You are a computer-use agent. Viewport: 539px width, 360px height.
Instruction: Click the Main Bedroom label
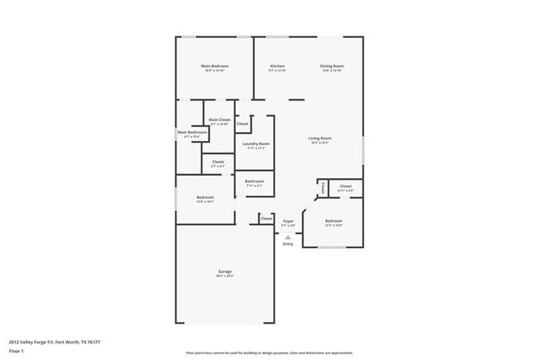pos(214,66)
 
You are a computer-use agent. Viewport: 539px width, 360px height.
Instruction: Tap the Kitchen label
pos(277,66)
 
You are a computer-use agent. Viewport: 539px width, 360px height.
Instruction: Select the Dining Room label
pos(333,66)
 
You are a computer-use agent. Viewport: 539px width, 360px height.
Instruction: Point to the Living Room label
pos(320,138)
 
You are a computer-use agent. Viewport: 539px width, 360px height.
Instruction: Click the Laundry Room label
pos(255,144)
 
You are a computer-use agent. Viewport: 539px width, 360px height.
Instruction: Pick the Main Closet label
pos(219,119)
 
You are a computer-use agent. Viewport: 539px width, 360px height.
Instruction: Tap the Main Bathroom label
pos(192,132)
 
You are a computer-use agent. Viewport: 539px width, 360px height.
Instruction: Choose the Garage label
pos(225,271)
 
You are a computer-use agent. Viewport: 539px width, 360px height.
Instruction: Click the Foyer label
pos(288,221)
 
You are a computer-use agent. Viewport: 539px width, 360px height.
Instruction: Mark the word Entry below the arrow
pos(288,244)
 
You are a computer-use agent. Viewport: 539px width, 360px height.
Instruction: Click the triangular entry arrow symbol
pos(288,236)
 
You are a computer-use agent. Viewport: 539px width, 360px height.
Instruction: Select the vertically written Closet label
pos(323,187)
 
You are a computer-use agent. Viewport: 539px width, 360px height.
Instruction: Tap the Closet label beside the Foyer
pos(265,219)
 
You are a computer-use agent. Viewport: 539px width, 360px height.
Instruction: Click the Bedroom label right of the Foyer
pos(333,221)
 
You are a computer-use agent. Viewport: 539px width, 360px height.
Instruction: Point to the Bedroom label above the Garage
pos(205,197)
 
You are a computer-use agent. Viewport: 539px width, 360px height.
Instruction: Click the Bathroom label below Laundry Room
pos(255,181)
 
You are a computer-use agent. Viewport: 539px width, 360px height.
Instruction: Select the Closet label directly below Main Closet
pos(218,162)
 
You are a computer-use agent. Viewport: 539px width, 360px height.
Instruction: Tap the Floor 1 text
pos(16,351)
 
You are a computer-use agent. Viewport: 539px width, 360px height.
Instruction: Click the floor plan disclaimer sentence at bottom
pos(269,352)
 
